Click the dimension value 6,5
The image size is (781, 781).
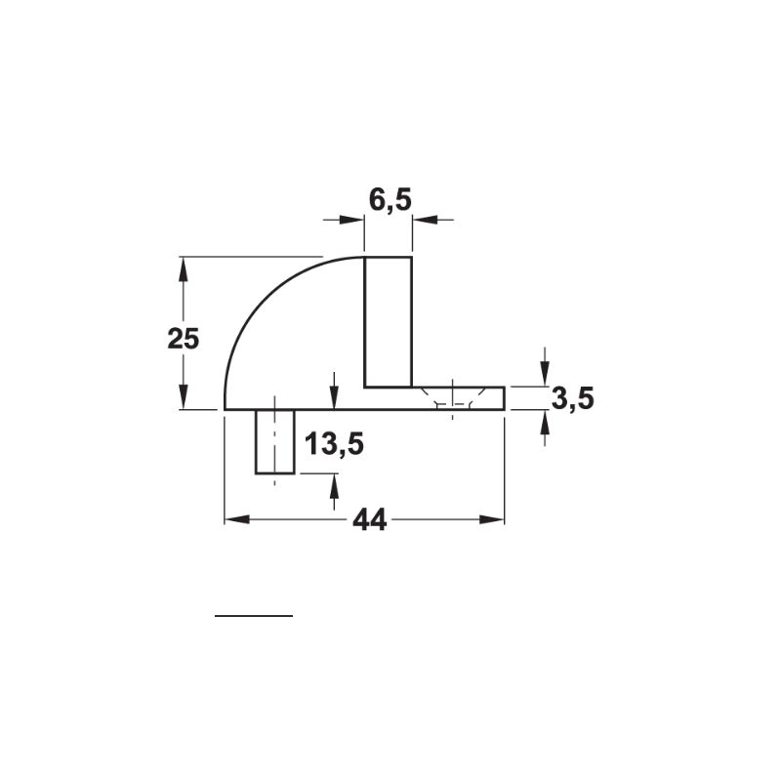(390, 200)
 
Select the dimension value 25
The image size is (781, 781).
(183, 339)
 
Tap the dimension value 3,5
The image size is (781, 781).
(573, 399)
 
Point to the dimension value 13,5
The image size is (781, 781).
(334, 444)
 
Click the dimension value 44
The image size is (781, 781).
(370, 521)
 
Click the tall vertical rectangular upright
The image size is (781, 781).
(388, 322)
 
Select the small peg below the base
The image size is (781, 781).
(275, 442)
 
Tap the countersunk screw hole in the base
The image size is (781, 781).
(452, 397)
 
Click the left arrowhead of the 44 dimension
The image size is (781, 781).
(236, 520)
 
